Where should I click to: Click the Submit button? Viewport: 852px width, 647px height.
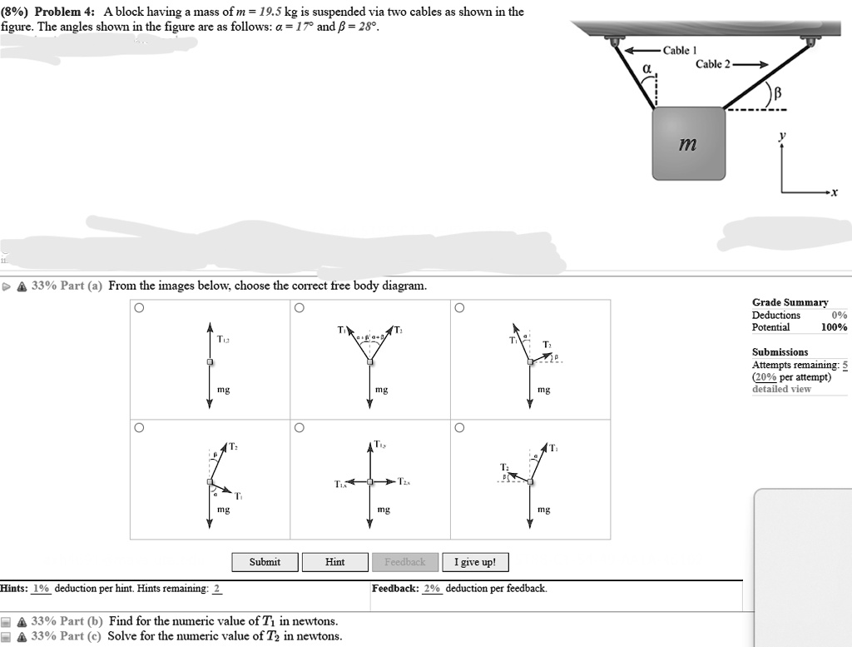coord(265,562)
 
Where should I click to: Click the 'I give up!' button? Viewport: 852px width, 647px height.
coord(475,562)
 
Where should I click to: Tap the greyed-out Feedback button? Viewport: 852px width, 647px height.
coord(404,562)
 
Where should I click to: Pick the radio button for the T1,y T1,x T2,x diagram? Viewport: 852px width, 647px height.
coord(299,428)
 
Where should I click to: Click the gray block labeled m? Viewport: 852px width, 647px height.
coord(688,143)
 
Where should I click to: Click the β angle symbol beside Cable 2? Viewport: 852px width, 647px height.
coord(779,95)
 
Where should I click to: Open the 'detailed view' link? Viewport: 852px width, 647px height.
coord(781,389)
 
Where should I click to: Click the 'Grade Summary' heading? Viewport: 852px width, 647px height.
coord(790,302)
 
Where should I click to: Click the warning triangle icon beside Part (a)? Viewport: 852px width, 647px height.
coord(20,286)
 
